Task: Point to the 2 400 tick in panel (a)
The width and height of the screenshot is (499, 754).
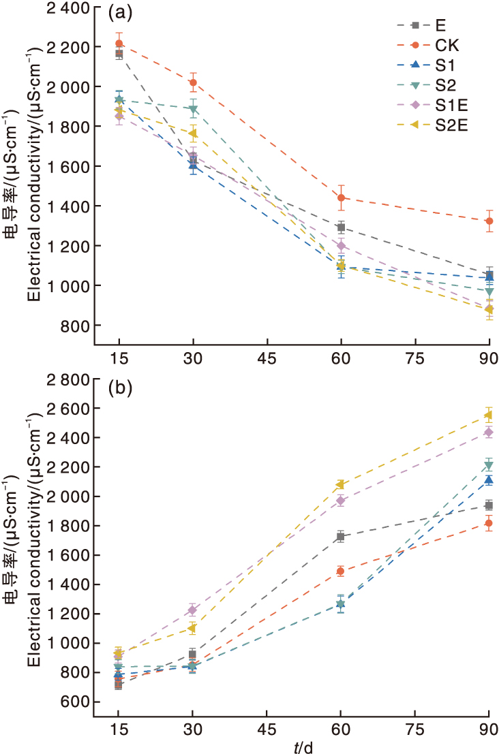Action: tap(67, 8)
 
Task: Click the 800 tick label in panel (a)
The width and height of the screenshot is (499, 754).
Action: tap(72, 325)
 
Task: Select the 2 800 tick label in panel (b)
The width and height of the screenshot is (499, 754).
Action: tap(67, 379)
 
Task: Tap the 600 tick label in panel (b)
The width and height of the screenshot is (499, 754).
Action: tap(72, 702)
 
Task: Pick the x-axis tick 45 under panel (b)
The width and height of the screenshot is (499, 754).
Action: tap(267, 727)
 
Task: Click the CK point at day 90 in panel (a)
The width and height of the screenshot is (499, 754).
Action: tap(489, 221)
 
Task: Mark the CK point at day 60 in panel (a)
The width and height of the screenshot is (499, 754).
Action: tap(341, 198)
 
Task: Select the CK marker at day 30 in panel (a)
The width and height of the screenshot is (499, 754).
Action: tap(193, 82)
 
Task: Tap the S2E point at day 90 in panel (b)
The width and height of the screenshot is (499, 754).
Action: tap(489, 415)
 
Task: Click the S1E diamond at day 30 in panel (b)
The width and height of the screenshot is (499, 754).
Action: tap(193, 610)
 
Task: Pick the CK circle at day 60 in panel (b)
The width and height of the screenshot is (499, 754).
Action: tap(341, 571)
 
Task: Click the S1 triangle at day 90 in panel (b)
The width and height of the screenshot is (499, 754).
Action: tap(489, 480)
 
